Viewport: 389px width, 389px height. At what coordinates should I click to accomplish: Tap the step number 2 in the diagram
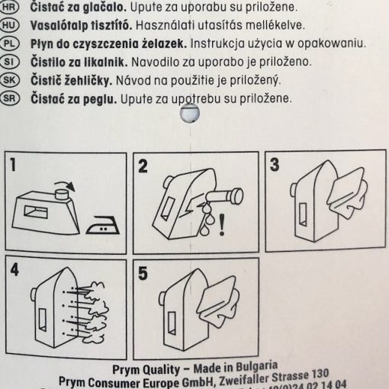[143, 164]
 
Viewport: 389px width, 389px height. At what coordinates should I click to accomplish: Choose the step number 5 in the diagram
[143, 272]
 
